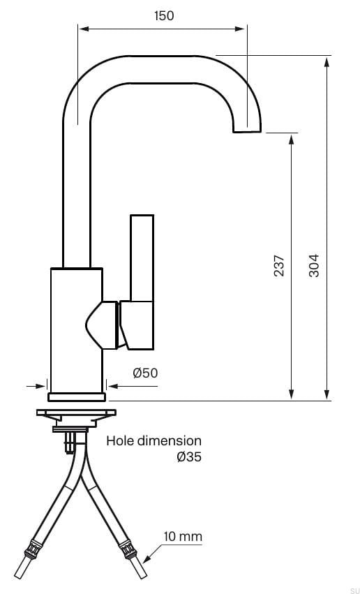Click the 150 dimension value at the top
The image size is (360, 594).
164,15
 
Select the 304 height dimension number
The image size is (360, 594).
314,265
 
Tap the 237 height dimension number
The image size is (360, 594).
278,265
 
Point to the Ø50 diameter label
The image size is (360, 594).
145,373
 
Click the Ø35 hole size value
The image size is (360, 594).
189,457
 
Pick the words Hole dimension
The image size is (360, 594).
153,441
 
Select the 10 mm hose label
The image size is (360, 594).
183,537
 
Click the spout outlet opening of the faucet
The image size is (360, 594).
248,131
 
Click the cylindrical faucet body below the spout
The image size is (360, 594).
77,328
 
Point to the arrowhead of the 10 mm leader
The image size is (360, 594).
145,560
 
